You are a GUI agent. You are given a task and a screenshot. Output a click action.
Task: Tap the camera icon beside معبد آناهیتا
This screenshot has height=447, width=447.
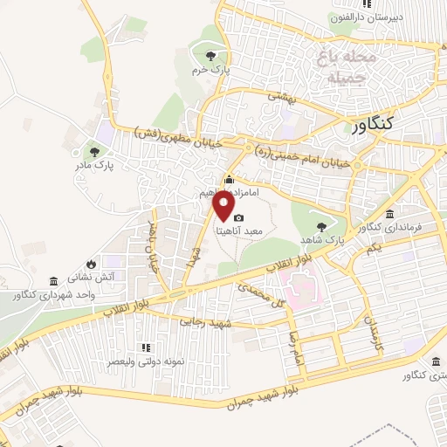click(239, 218)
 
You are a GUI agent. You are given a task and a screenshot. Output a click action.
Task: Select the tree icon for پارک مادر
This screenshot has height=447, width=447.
click(93, 149)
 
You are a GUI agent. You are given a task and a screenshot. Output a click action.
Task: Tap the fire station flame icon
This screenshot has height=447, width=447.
click(91, 263)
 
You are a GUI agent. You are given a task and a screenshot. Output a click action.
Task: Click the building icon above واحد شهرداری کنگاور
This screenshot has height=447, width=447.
click(54, 282)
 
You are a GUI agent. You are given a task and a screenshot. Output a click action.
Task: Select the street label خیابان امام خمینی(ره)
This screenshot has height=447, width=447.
click(306, 154)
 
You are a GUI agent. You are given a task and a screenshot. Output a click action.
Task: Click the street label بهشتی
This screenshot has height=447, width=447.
click(284, 101)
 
